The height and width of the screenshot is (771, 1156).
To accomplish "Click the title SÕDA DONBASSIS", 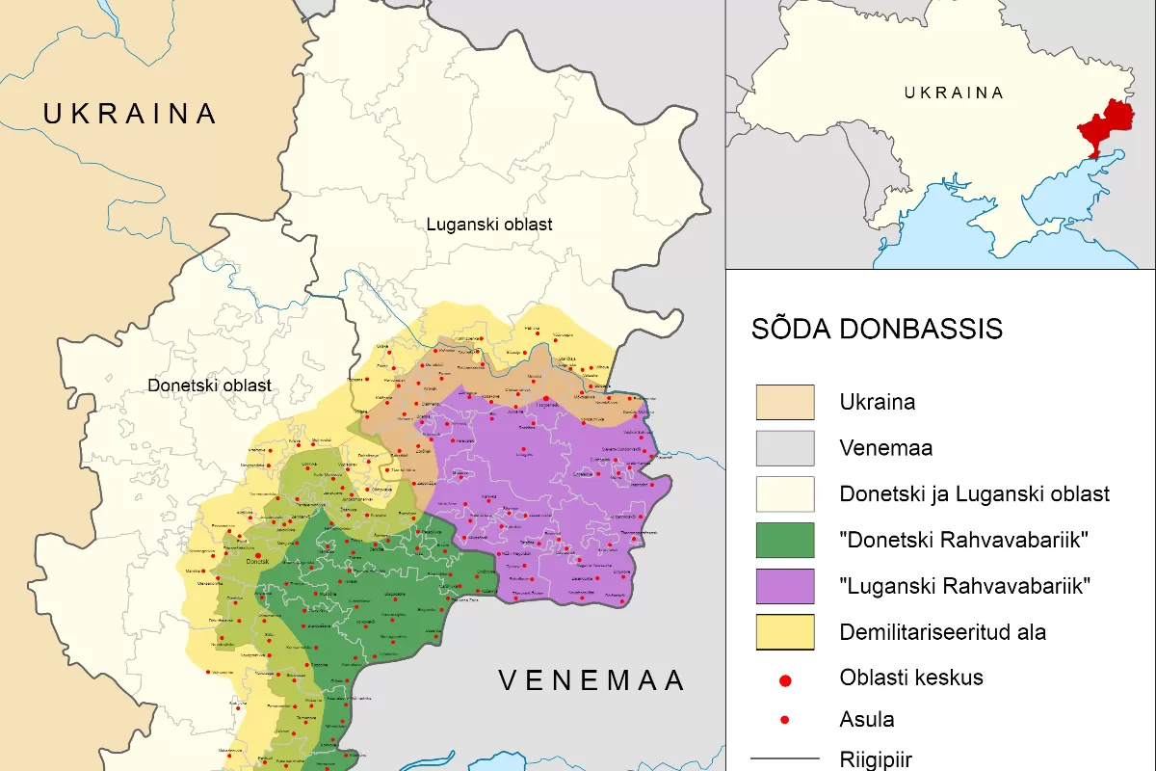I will pyautogui.click(x=877, y=329).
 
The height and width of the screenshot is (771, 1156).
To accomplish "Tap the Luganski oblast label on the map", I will pyautogui.click(x=489, y=225).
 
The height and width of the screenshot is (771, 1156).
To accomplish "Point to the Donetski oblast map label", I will pyautogui.click(x=209, y=385).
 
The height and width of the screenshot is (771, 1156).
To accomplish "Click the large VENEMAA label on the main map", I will pyautogui.click(x=591, y=680).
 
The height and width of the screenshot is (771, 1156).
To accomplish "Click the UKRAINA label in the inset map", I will pyautogui.click(x=954, y=93).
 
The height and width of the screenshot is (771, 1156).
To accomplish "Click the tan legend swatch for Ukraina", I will pyautogui.click(x=784, y=403).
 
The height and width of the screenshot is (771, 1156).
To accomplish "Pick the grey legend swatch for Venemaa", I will pyautogui.click(x=784, y=449).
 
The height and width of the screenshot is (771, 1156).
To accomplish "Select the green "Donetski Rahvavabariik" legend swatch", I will pyautogui.click(x=784, y=541).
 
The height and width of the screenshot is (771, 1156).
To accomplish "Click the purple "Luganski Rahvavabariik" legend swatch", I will pyautogui.click(x=784, y=586).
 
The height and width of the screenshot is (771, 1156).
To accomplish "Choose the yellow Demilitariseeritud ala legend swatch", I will pyautogui.click(x=784, y=632).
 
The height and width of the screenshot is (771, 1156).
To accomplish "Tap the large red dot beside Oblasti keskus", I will pyautogui.click(x=784, y=680).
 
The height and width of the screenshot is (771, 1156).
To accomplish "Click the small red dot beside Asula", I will pyautogui.click(x=784, y=720).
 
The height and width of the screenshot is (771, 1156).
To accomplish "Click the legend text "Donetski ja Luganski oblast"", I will pyautogui.click(x=974, y=494).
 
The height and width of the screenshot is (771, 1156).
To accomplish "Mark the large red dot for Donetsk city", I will pyautogui.click(x=257, y=555).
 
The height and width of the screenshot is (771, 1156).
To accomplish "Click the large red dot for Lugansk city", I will pyautogui.click(x=546, y=398).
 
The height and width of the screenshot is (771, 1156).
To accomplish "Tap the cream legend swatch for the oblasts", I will pyautogui.click(x=784, y=494).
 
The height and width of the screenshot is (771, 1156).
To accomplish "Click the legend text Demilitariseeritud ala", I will pyautogui.click(x=942, y=632).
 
